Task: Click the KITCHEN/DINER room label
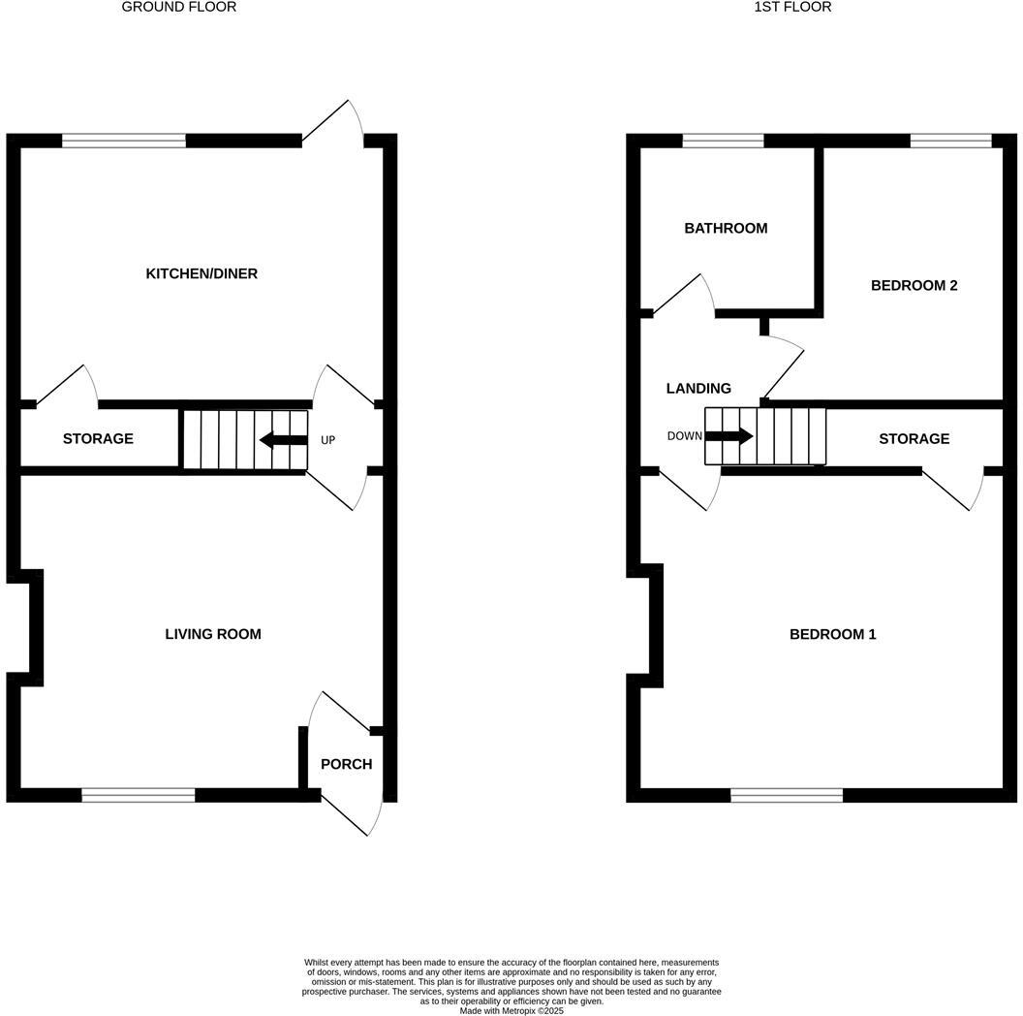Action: click(x=201, y=273)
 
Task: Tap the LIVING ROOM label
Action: click(x=213, y=634)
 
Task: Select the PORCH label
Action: click(x=346, y=764)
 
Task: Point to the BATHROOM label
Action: click(x=726, y=228)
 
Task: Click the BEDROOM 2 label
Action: click(x=914, y=285)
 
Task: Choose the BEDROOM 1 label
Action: click(x=832, y=634)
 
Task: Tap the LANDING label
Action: click(x=698, y=388)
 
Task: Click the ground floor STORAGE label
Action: click(x=98, y=438)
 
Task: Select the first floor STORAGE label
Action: click(x=914, y=438)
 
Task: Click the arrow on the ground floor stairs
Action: click(x=283, y=440)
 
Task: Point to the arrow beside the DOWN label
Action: click(x=728, y=435)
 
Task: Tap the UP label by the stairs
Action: click(x=327, y=440)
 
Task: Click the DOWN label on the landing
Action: click(x=684, y=435)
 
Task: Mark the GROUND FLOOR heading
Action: click(x=178, y=7)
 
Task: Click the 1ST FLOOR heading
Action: click(x=792, y=7)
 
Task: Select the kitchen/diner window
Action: click(x=124, y=141)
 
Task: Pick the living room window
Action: click(x=139, y=795)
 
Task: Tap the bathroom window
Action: click(x=723, y=141)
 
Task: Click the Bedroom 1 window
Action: click(x=787, y=795)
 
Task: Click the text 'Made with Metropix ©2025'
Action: click(x=511, y=1010)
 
